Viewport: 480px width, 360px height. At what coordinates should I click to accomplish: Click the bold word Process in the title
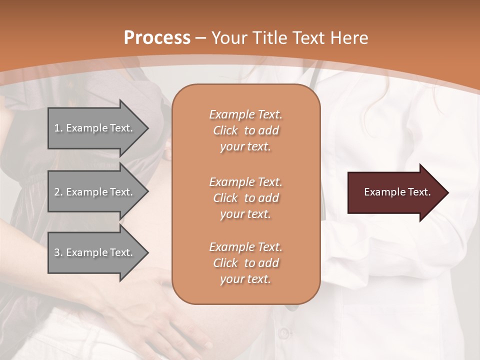point(157,38)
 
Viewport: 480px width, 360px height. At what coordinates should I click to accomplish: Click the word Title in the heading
point(270,38)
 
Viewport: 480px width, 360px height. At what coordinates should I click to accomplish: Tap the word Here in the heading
point(349,38)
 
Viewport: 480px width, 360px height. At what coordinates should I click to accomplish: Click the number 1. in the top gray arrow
point(58,128)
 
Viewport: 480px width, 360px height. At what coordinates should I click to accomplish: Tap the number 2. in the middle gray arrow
point(58,192)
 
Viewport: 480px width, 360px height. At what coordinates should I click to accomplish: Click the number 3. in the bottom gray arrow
point(58,252)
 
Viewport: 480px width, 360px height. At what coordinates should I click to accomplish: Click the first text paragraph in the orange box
point(245,130)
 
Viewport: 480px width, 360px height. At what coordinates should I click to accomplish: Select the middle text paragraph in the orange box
point(245,198)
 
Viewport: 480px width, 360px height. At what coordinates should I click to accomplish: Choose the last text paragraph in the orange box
point(245,263)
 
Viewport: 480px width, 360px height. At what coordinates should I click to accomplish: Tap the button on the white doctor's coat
point(284,332)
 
